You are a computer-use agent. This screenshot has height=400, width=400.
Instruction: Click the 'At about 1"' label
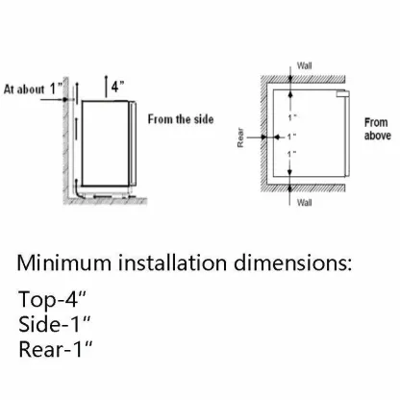[33, 88]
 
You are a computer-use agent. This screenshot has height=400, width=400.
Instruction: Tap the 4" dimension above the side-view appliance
[117, 87]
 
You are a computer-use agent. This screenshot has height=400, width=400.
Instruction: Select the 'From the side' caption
[181, 119]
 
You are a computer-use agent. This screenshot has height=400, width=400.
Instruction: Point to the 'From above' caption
[378, 129]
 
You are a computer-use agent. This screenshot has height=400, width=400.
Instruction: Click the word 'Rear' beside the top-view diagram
[240, 138]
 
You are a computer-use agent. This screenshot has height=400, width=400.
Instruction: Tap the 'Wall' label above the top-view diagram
[304, 65]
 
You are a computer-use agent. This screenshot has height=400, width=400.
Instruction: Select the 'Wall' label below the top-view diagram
[304, 203]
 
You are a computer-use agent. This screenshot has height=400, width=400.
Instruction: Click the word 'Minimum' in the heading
[64, 262]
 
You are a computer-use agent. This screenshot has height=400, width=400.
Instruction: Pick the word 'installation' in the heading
[172, 262]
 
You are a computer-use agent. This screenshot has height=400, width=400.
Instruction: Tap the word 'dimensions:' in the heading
[292, 262]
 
